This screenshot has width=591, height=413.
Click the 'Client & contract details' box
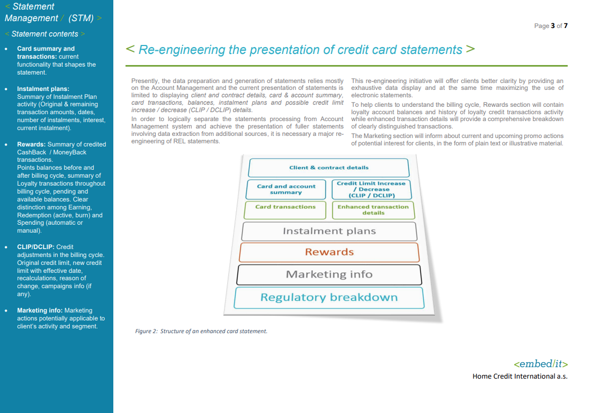coord(328,168)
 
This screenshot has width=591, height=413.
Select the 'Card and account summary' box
coord(286,189)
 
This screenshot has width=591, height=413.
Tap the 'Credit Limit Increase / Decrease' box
coord(371,189)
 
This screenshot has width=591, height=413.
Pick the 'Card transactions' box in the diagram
coord(285,209)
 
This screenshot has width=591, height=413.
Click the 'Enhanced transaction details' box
coord(373,210)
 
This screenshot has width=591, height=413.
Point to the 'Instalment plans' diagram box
coord(329,231)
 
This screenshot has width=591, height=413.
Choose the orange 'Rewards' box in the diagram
coord(329,252)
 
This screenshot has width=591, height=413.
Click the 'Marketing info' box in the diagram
coord(329,274)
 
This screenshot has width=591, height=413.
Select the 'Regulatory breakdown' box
coord(329,297)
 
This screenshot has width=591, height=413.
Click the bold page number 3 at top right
coord(553,26)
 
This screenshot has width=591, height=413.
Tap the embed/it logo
coord(540,364)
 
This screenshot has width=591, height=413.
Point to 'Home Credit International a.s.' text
coord(520,377)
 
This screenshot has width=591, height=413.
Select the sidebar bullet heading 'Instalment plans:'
coord(43,89)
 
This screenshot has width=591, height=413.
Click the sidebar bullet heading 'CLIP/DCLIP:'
coord(35,246)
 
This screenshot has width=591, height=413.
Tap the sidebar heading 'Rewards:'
coord(31,144)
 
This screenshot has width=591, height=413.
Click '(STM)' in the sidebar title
coord(81,18)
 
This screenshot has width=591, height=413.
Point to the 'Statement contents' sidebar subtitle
coord(44,34)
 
